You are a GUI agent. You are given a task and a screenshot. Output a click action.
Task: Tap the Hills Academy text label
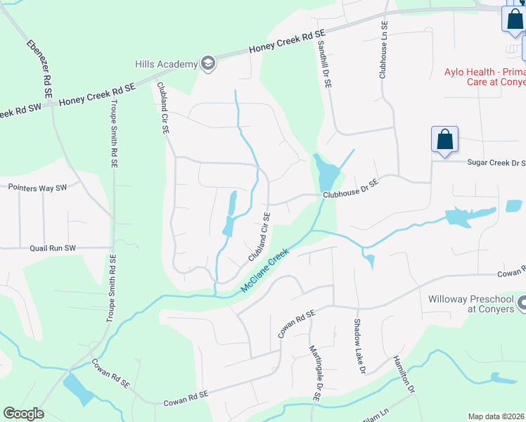pyautogui.click(x=167, y=65)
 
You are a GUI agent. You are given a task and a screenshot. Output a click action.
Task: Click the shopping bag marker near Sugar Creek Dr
pyautogui.click(x=445, y=139)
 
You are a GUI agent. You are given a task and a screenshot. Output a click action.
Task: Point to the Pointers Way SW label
pyautogui.click(x=37, y=188)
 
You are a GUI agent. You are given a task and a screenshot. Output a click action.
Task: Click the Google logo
pyautogui.click(x=23, y=414)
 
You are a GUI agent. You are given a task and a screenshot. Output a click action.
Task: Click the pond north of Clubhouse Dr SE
pyautogui.click(x=327, y=170)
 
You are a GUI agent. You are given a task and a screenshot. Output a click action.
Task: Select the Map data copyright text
pyautogui.click(x=496, y=416)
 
